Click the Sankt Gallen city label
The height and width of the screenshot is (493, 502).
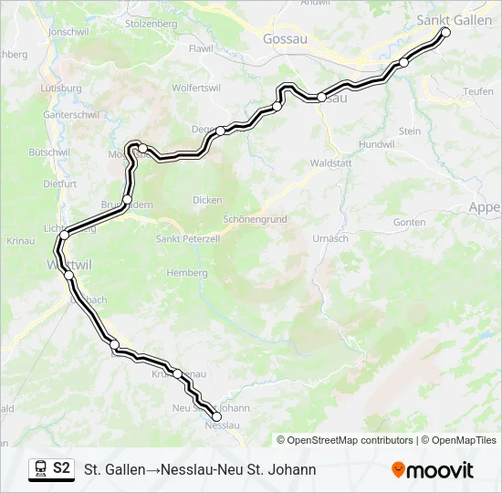click(454, 18)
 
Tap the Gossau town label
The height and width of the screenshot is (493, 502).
click(284, 39)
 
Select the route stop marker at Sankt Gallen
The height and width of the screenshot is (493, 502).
click(446, 32)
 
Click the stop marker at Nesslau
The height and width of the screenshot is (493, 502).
click(216, 417)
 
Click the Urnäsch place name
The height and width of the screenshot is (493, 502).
click(329, 238)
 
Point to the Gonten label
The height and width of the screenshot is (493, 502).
click(409, 222)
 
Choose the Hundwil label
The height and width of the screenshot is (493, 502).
click(377, 144)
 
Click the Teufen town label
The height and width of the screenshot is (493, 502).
click(477, 91)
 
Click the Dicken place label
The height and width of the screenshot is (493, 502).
click(206, 200)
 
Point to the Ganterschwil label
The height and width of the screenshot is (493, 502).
click(69, 115)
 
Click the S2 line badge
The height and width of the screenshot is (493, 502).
click(61, 468)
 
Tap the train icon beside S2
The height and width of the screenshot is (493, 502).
click(40, 469)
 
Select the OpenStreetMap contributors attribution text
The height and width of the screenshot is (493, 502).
click(344, 440)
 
